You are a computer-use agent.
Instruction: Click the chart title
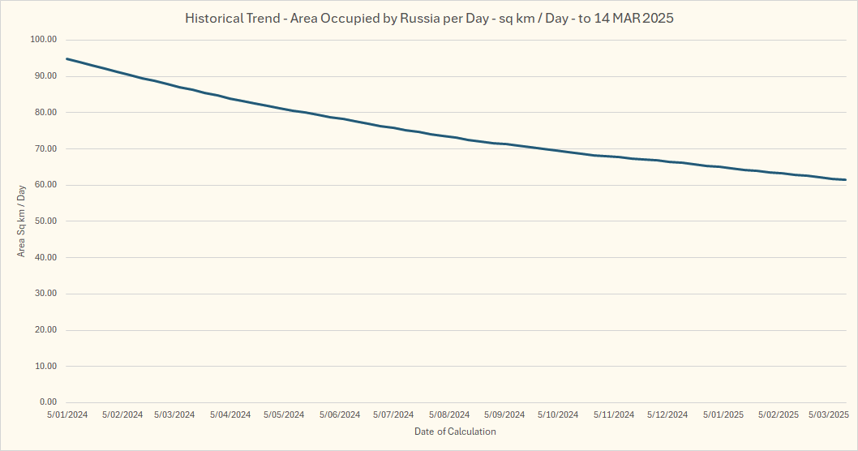429,18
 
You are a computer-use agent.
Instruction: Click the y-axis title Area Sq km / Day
22,221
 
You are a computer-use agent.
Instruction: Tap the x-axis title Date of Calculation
455,432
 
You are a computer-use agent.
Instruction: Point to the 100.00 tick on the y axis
42,40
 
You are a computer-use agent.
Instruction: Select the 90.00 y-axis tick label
44,76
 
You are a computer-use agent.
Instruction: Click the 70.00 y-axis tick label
44,149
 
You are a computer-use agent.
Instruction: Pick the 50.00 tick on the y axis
44,221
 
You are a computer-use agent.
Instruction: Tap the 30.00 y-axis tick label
44,294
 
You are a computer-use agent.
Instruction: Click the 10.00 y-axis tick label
44,367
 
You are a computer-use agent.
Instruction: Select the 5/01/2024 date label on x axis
68,414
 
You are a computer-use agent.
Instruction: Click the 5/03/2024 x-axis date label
174,414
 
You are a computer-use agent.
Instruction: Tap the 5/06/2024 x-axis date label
339,414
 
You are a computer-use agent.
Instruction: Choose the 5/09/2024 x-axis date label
503,414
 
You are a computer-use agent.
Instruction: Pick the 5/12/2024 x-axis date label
667,414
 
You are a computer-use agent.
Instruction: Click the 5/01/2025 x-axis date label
723,414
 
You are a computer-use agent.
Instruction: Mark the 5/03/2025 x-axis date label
828,414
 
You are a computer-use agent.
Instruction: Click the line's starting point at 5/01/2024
66,58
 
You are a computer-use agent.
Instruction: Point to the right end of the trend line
846,179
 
